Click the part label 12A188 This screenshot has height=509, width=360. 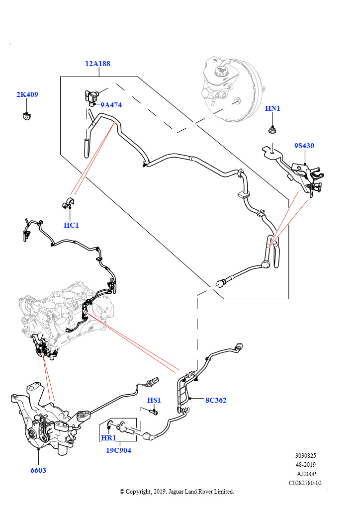(x=98, y=64)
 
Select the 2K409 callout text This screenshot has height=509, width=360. (x=27, y=94)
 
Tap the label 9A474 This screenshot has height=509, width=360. (x=111, y=105)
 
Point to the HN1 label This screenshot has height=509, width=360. (x=272, y=108)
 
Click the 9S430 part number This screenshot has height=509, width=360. (x=304, y=146)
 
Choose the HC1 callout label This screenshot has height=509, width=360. (x=71, y=225)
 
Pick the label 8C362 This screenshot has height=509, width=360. (x=216, y=400)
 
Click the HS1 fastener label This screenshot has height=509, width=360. (x=154, y=400)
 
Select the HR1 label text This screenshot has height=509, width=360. (x=108, y=438)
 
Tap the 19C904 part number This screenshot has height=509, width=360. (x=118, y=450)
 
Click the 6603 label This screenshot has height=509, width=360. (x=38, y=470)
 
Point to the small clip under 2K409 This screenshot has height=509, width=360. (x=26, y=116)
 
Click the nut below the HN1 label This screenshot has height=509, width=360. (x=272, y=131)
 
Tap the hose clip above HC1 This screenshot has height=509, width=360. (x=69, y=202)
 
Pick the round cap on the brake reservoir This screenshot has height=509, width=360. (x=222, y=71)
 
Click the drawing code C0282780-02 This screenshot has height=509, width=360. (x=305, y=483)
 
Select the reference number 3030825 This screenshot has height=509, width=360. (x=305, y=455)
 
